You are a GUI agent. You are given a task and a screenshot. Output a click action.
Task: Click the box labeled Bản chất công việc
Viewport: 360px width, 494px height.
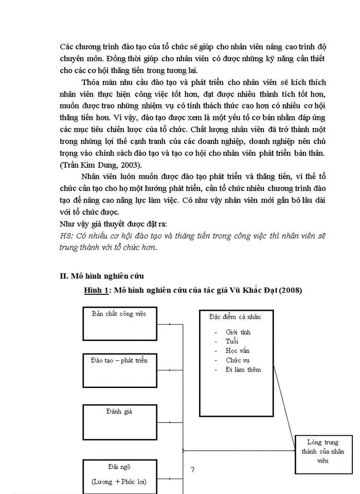pyautogui.click(x=120, y=323)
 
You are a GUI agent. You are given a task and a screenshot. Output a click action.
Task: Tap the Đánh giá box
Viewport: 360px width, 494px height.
pyautogui.click(x=120, y=421)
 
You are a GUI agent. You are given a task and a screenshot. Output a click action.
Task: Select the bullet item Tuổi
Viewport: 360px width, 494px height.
pyautogui.click(x=232, y=341)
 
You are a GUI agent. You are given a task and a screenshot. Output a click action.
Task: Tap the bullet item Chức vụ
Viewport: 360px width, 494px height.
pyautogui.click(x=237, y=360)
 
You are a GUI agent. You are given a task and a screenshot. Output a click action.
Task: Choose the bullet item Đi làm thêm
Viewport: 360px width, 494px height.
pyautogui.click(x=243, y=369)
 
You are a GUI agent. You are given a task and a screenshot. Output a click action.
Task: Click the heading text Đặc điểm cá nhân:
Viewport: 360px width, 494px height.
pyautogui.click(x=235, y=316)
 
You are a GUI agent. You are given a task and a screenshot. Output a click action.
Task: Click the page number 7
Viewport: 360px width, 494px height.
pyautogui.click(x=192, y=469)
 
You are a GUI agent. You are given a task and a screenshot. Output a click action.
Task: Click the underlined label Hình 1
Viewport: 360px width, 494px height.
pyautogui.click(x=96, y=291)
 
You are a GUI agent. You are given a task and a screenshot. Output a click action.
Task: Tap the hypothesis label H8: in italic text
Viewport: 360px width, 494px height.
pyautogui.click(x=67, y=236)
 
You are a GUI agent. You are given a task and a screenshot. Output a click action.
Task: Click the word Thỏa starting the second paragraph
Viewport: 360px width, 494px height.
pyautogui.click(x=91, y=82)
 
